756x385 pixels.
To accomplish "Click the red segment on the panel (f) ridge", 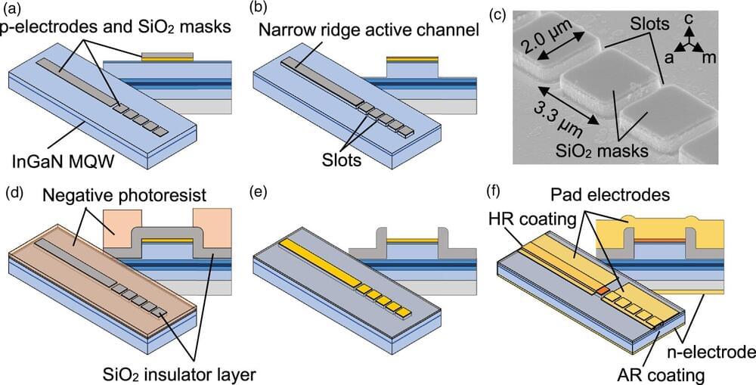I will [x=603, y=290].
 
